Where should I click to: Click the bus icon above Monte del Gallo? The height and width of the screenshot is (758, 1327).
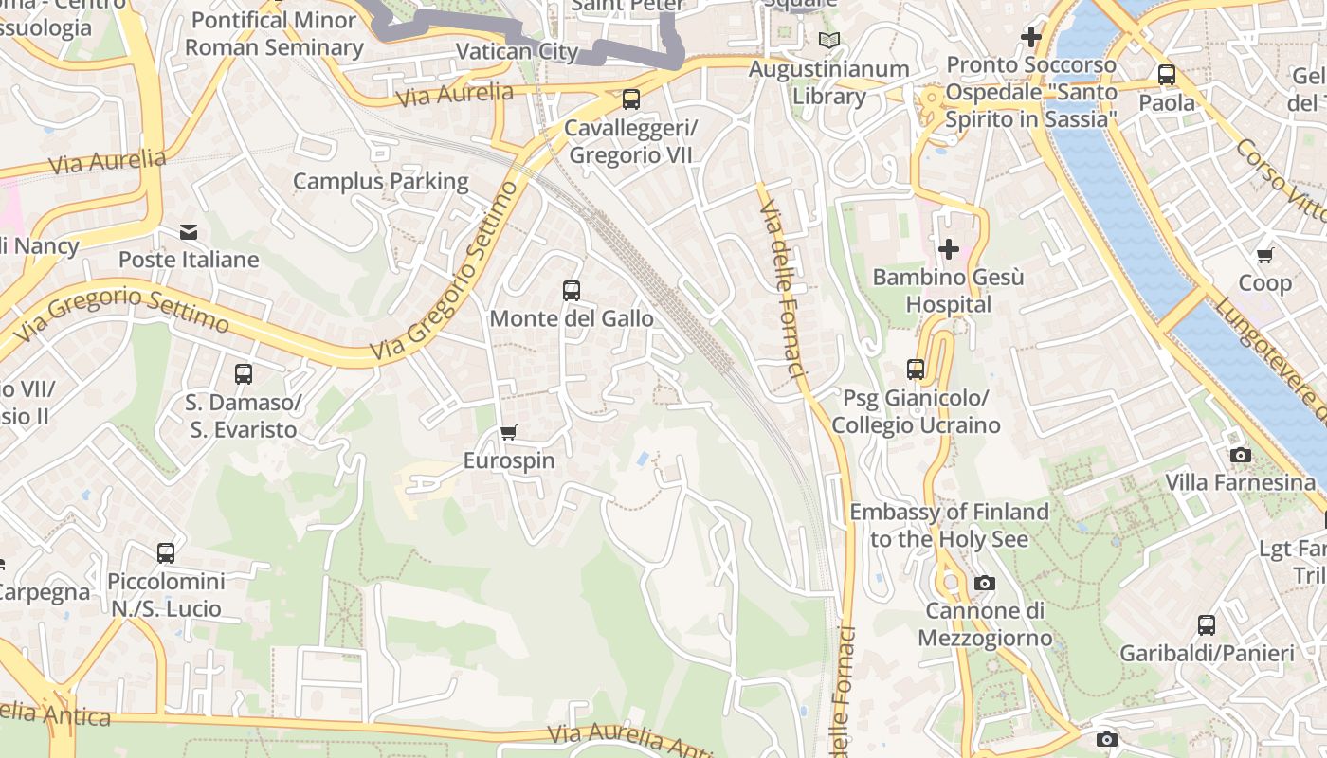tap(571, 291)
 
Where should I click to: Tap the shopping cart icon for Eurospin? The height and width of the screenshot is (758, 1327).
tap(509, 433)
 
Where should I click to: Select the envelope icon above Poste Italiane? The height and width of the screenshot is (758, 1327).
tap(189, 232)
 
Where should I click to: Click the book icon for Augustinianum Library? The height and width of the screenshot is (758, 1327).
tap(829, 41)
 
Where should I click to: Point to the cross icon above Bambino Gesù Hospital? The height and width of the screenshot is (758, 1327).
tap(948, 249)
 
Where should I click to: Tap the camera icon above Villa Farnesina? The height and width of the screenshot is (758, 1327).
tap(1240, 456)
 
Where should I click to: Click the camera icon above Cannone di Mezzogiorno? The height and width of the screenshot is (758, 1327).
tap(985, 583)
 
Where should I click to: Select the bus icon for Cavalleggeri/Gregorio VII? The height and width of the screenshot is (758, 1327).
tap(630, 99)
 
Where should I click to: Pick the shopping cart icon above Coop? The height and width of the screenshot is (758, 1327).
tap(1264, 256)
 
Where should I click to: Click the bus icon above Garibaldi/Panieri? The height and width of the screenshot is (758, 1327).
tap(1206, 625)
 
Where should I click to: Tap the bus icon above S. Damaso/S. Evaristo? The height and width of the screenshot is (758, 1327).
tap(244, 374)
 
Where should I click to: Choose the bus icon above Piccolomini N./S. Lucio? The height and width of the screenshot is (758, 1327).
tap(166, 553)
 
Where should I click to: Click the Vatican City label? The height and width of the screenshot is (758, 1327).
tap(517, 51)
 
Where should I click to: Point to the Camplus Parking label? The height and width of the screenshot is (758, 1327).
tap(380, 181)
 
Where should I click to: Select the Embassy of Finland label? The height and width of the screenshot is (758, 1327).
tap(948, 525)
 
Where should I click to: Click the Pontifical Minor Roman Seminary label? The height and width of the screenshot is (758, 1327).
tap(274, 33)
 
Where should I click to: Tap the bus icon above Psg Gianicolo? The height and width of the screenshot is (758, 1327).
tap(915, 370)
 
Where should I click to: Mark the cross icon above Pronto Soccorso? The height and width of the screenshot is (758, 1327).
tap(1030, 38)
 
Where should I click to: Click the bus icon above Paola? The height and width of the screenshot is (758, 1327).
tap(1166, 75)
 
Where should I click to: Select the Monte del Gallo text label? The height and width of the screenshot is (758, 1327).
tap(571, 318)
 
